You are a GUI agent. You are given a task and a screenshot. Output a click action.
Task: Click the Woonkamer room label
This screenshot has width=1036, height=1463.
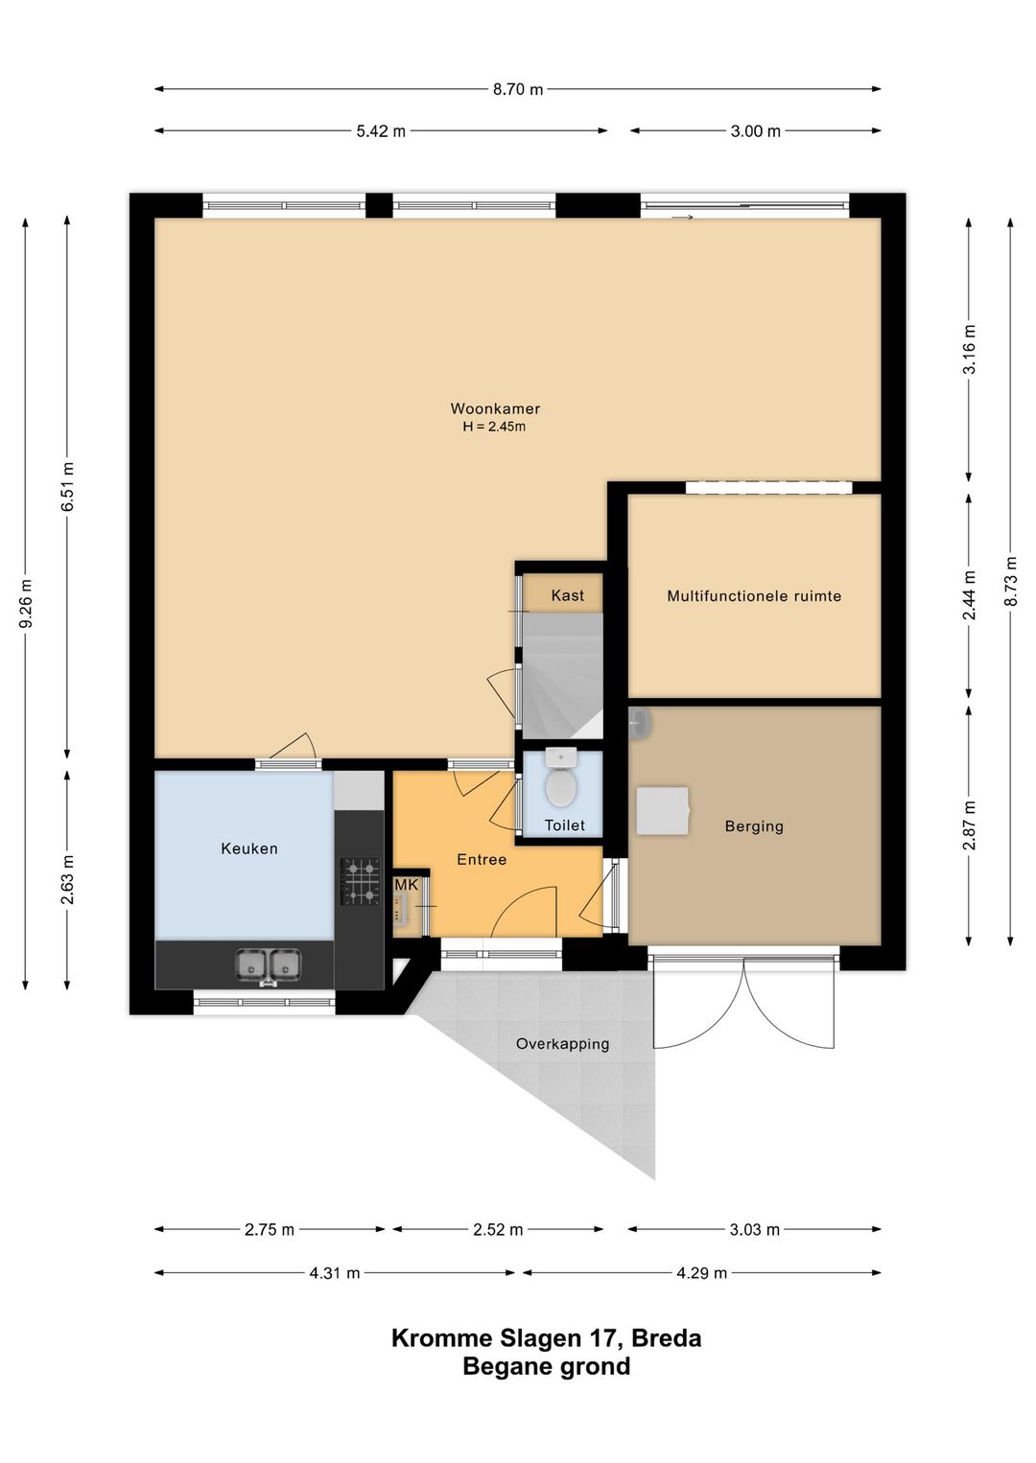(x=495, y=408)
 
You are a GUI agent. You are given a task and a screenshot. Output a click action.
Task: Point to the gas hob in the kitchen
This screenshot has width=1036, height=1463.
(x=360, y=881)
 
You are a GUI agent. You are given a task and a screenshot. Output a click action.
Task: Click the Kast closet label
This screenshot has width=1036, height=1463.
(x=567, y=595)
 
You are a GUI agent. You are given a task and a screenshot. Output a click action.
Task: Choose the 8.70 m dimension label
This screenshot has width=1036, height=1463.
(x=518, y=89)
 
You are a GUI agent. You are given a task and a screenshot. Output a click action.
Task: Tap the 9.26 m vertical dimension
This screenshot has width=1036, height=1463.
(x=26, y=603)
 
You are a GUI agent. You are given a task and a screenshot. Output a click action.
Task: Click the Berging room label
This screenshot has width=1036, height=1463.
(x=754, y=826)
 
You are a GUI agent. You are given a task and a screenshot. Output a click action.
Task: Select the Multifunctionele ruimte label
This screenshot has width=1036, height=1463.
(x=754, y=595)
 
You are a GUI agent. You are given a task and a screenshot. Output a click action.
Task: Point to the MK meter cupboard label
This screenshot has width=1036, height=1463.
(x=406, y=885)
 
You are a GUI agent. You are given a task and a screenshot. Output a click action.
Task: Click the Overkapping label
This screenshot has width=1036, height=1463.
(x=562, y=1044)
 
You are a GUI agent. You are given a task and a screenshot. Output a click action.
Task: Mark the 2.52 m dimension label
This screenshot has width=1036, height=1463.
(x=498, y=1230)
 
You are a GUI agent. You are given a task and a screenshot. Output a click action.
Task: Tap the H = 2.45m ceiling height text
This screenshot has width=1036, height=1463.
(x=494, y=428)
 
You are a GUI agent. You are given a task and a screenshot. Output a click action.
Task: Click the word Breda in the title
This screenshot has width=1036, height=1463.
(x=667, y=1338)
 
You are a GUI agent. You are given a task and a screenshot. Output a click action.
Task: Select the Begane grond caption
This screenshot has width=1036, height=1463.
(x=547, y=1366)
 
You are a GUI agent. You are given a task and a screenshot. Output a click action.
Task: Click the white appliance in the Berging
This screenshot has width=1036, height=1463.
(x=663, y=810)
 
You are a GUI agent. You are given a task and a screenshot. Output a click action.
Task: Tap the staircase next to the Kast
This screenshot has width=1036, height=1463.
(x=561, y=676)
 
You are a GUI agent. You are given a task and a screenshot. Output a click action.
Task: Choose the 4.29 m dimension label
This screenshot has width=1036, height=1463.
(x=701, y=1273)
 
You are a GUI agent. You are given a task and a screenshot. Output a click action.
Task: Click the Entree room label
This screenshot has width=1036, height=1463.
(x=482, y=860)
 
